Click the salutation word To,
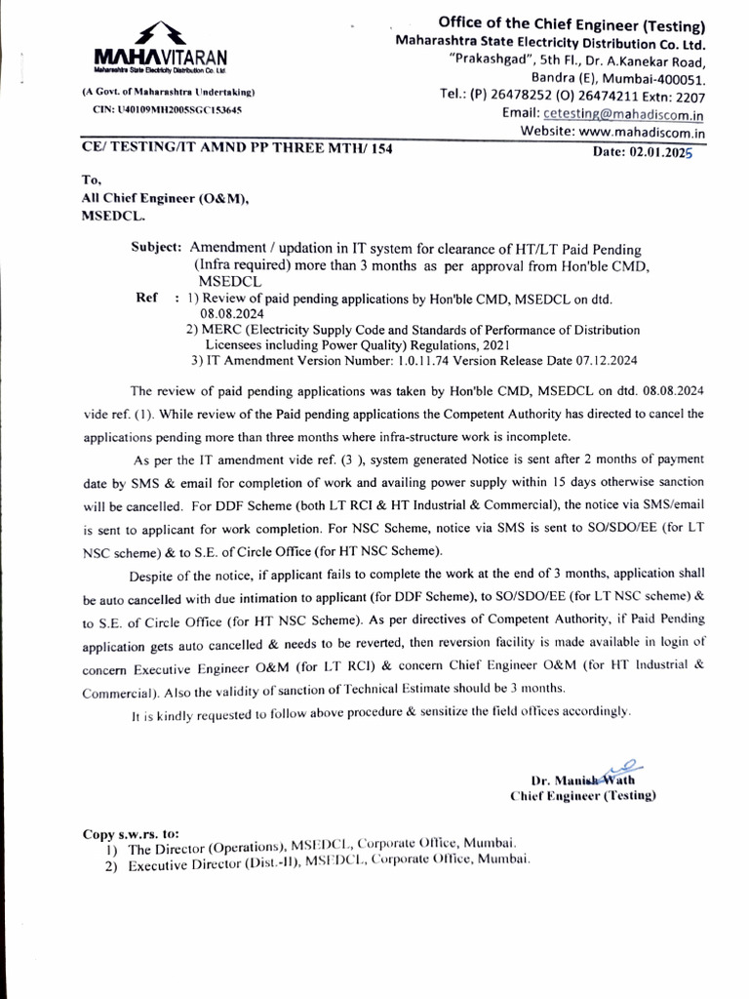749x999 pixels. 92,180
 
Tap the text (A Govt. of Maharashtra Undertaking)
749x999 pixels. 169,93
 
